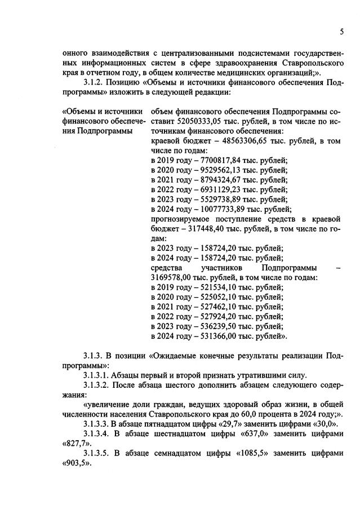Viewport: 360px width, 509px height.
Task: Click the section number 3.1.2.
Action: (95, 81)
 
